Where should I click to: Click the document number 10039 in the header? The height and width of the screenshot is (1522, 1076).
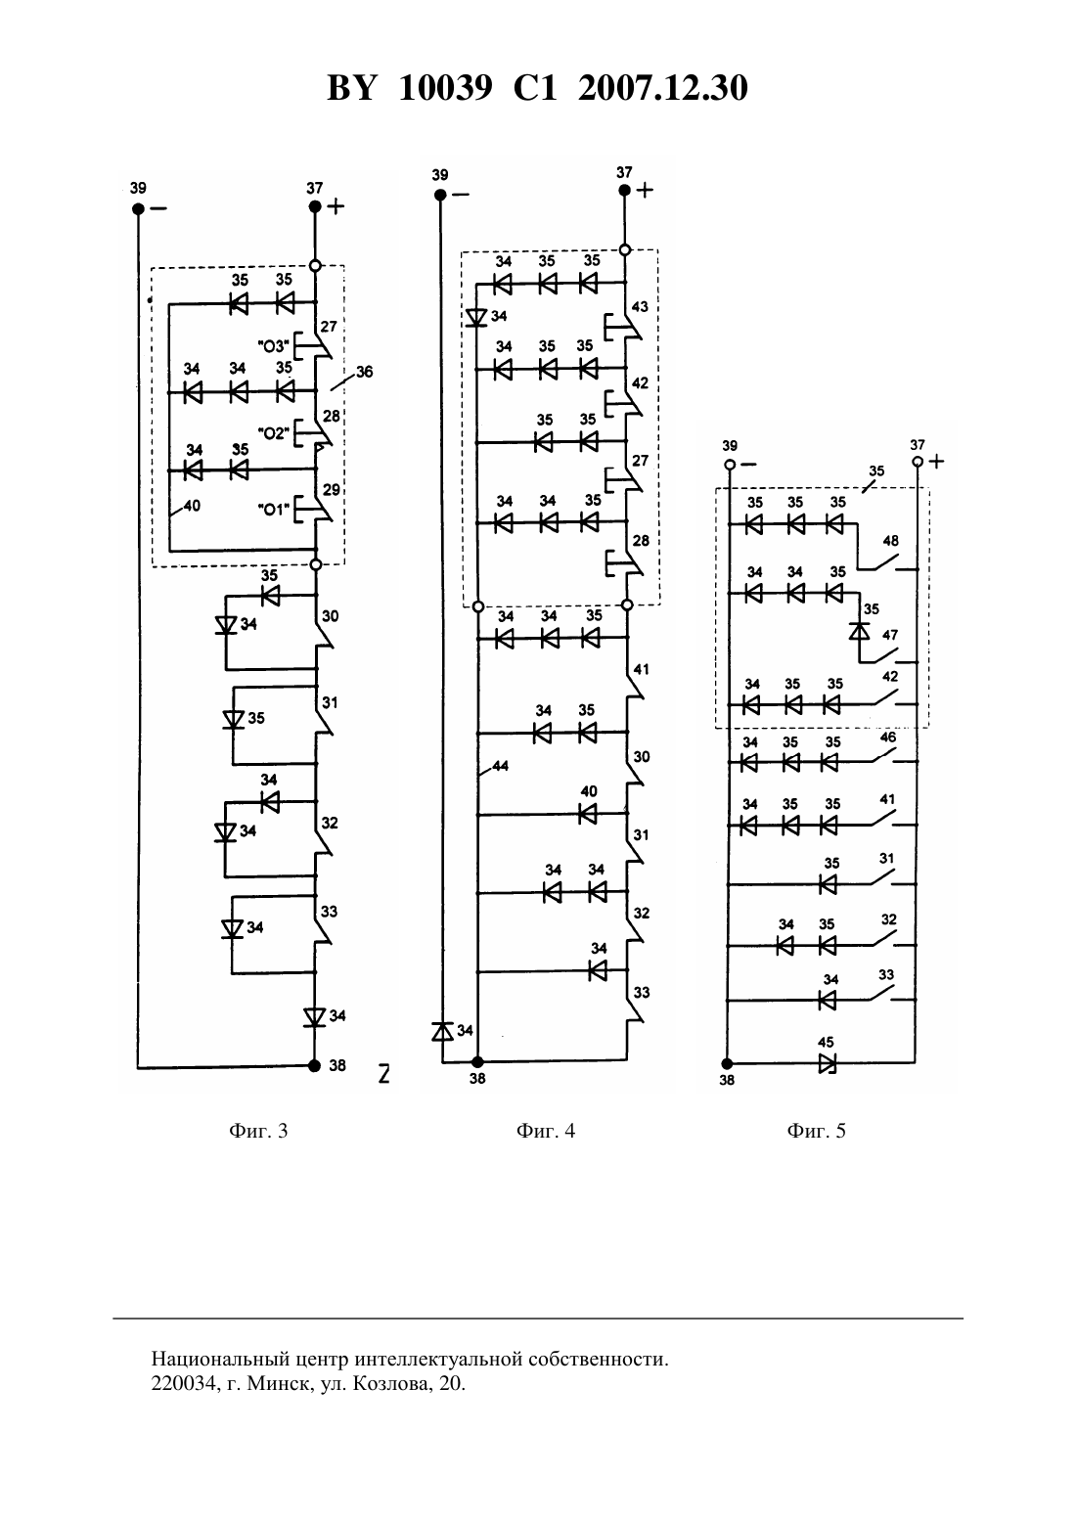[x=445, y=88]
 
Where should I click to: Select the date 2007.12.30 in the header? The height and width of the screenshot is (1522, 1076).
[x=663, y=88]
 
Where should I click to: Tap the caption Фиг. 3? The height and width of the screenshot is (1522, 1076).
[x=258, y=1131]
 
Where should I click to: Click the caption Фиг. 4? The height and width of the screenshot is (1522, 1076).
[x=546, y=1131]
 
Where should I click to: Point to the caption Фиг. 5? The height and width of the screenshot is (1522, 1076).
[x=816, y=1131]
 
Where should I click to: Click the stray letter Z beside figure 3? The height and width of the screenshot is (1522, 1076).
[x=383, y=1074]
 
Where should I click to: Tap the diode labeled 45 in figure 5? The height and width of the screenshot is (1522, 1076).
[x=827, y=1063]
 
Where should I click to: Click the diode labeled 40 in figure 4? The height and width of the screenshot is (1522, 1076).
[x=587, y=813]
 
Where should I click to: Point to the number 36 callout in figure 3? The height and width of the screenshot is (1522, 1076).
[x=365, y=372]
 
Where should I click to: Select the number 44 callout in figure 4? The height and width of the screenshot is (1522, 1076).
[x=500, y=766]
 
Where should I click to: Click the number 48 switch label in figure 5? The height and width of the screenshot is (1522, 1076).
[x=890, y=541]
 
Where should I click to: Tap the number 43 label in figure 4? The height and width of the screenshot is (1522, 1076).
[x=640, y=306]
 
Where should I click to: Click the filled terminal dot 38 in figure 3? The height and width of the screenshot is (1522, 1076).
[x=314, y=1066]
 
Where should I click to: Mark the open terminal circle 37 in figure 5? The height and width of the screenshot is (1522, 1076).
[x=918, y=462]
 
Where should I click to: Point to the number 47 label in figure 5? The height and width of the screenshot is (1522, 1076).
[x=890, y=635]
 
